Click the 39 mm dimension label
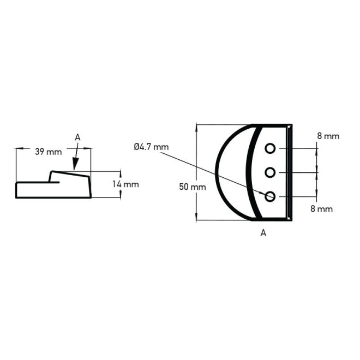(49, 152)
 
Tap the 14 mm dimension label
(125, 184)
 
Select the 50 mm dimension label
(193, 187)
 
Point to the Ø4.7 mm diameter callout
(151, 147)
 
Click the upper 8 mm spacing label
(328, 136)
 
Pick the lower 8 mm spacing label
(322, 209)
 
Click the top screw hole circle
(270, 148)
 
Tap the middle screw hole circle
(270, 172)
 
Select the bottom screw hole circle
(270, 196)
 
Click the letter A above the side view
(77, 137)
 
